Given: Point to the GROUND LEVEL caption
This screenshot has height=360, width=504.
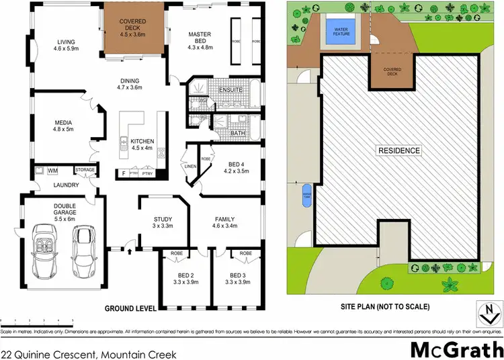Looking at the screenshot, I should point(130,308).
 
